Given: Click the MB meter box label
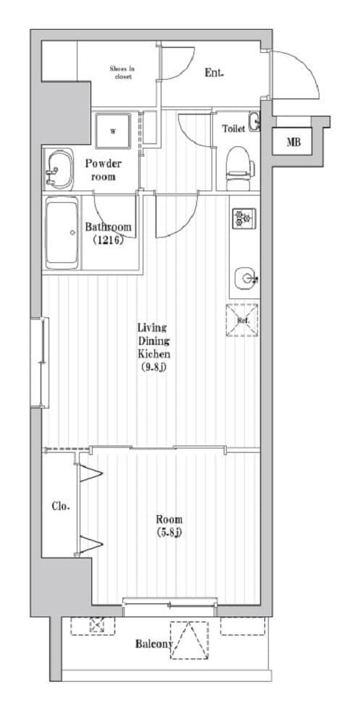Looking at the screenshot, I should (293, 141).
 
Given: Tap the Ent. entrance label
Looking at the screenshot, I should (214, 72).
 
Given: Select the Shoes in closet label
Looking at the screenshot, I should (122, 72).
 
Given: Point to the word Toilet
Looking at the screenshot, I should (233, 129).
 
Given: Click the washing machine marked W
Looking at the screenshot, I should (113, 131).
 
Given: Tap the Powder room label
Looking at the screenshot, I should (104, 170).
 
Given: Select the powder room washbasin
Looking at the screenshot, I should (57, 170).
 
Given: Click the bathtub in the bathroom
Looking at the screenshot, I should (62, 233).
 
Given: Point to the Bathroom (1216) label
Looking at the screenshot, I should (109, 233).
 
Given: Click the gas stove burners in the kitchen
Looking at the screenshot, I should (241, 217).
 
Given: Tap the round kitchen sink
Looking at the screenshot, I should (244, 277).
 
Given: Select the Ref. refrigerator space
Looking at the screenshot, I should (242, 319).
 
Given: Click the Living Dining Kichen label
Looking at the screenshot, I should (154, 342).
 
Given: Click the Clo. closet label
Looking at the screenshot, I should (60, 506).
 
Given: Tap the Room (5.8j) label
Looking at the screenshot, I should (169, 526).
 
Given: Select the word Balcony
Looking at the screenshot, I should (154, 644).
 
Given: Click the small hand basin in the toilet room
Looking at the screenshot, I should (254, 123).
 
